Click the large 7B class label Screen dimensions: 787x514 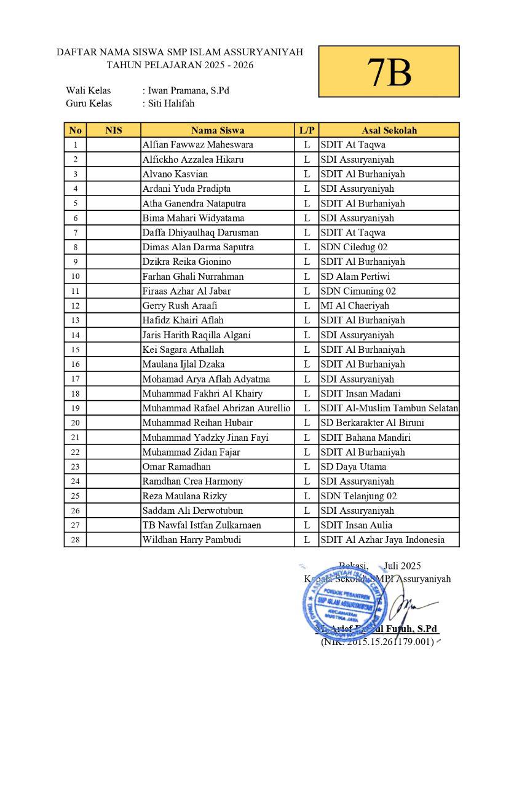[389, 71]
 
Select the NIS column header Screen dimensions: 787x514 [114, 130]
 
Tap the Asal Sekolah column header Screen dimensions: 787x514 [389, 130]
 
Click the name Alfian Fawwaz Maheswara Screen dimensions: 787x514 [197, 145]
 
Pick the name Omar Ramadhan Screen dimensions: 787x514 [176, 467]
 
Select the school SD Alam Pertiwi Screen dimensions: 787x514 [355, 277]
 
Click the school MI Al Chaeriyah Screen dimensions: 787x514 [355, 306]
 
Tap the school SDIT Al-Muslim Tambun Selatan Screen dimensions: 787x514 [389, 408]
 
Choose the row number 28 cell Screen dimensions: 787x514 [75, 540]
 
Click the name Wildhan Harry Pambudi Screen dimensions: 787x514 [191, 540]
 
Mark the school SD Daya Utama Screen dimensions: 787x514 [353, 467]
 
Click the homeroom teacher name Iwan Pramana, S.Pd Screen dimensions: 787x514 [188, 90]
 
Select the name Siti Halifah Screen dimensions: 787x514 [171, 103]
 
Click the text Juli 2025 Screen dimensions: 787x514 [402, 566]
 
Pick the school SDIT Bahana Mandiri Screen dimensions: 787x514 [365, 438]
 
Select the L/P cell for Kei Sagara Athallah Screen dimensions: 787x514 [306, 350]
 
